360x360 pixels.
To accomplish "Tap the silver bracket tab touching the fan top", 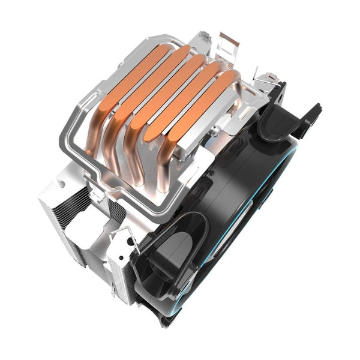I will (x=264, y=81).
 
